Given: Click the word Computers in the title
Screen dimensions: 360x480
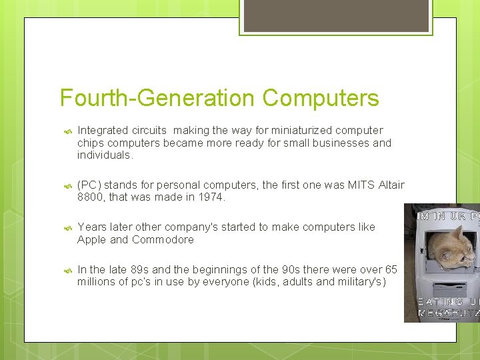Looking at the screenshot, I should click(321, 98).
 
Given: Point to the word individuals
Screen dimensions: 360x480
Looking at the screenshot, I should click(104, 155).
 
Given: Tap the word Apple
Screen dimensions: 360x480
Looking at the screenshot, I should click(92, 239).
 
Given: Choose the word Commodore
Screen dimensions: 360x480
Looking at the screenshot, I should click(163, 239).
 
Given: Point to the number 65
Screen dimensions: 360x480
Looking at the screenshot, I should click(391, 269).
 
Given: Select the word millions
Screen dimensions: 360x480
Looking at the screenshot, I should click(97, 282).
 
